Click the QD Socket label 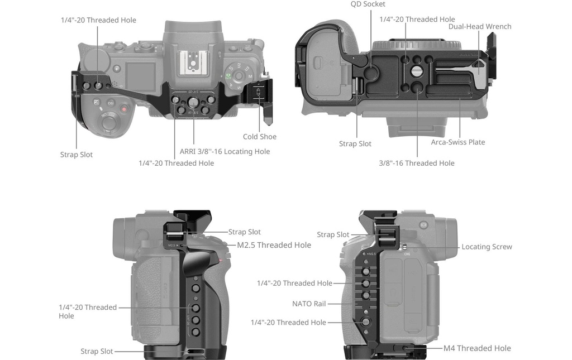(x=368, y=4)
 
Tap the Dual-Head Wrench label (x=480, y=27)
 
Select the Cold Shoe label (x=260, y=137)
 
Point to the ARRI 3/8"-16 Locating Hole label (x=225, y=152)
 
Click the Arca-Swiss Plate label (x=458, y=142)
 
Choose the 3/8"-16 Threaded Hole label (x=417, y=163)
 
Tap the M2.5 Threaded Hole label (x=274, y=245)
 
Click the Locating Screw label (x=487, y=247)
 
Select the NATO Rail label (x=308, y=304)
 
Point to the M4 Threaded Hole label (x=477, y=348)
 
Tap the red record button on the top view (x=125, y=109)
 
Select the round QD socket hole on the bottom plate (x=371, y=74)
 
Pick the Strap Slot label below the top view (x=76, y=155)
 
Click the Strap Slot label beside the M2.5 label (x=245, y=232)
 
